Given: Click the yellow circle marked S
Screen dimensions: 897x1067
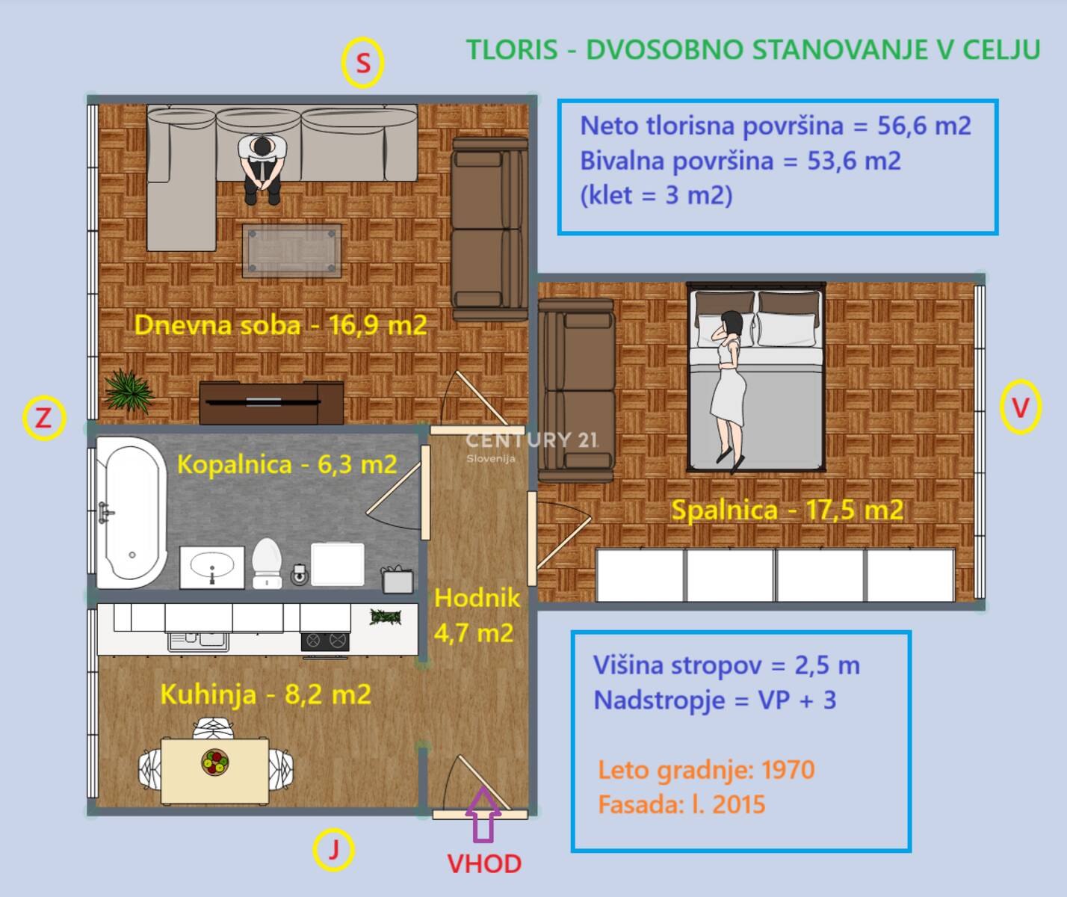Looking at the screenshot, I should click(362, 64).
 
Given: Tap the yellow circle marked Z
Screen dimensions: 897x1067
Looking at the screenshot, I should click(44, 418).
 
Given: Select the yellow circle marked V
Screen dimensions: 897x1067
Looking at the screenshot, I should click(1020, 407).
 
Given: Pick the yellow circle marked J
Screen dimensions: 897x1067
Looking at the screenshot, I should click(333, 850).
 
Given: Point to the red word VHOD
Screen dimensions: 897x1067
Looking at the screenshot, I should click(484, 864).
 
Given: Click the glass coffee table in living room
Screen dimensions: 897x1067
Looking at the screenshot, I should click(291, 250).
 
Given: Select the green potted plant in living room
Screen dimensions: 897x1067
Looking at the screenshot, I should click(129, 390).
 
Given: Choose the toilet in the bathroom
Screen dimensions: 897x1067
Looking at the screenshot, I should click(267, 562).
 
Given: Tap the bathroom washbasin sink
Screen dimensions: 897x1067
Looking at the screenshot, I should click(212, 567).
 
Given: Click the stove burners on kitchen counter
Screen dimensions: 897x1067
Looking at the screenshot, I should click(325, 640).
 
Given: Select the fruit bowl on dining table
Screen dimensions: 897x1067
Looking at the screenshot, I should click(215, 762).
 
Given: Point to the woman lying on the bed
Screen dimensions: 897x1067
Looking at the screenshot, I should click(729, 389).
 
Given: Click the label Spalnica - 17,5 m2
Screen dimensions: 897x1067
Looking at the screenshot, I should click(787, 511).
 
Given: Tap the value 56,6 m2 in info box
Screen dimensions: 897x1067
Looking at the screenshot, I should click(924, 126).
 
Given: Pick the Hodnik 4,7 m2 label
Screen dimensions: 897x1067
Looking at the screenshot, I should click(475, 615).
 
